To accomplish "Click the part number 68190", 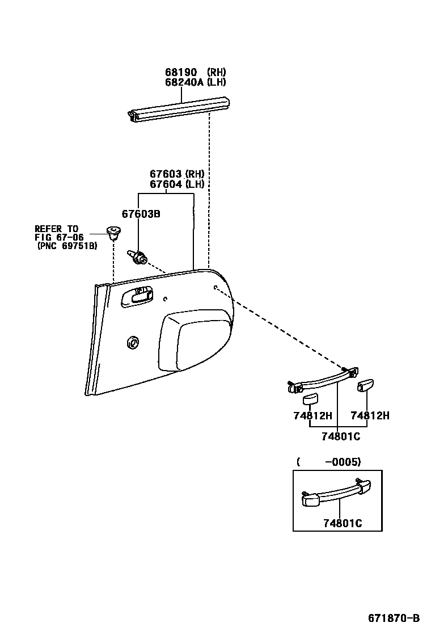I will [x=181, y=72].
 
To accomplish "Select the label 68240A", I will [x=184, y=82].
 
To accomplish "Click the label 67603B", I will [x=141, y=213].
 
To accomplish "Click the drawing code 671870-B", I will [x=393, y=618].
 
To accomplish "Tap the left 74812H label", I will [x=312, y=415].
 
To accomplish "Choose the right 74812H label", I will [x=370, y=415].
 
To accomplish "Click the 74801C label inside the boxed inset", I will [x=342, y=523].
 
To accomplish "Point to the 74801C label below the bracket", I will [x=340, y=436].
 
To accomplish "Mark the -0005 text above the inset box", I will [x=342, y=462].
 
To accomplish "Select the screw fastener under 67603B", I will [x=138, y=258].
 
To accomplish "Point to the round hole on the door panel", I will [x=134, y=342].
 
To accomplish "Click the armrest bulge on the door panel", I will [x=195, y=340].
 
